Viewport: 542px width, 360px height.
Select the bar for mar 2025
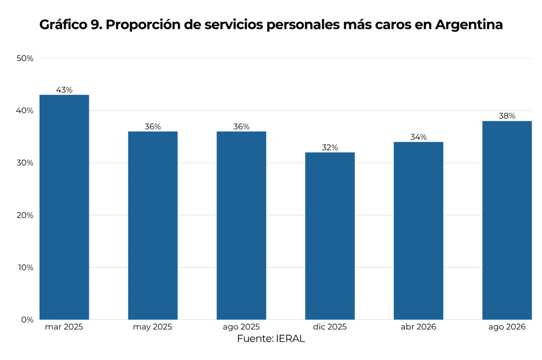click(x=64, y=207)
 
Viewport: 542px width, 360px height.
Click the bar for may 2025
click(x=153, y=226)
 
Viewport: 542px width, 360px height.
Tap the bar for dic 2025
click(x=330, y=236)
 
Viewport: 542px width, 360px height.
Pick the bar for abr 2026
click(x=418, y=231)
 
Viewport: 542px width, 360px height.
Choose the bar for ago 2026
click(x=507, y=220)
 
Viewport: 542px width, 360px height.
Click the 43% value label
click(x=64, y=90)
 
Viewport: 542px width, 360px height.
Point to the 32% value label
click(x=330, y=148)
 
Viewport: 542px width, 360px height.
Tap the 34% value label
click(x=418, y=137)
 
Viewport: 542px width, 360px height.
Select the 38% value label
click(x=507, y=116)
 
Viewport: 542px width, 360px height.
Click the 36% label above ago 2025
click(x=241, y=127)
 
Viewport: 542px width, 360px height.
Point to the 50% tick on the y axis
click(x=25, y=58)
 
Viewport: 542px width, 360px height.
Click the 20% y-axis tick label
click(x=25, y=215)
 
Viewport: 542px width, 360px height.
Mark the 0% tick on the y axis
click(x=28, y=320)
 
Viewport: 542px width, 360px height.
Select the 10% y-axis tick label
click(x=25, y=268)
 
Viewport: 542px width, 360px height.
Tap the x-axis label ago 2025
click(x=241, y=327)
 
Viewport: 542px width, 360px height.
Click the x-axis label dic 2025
click(x=330, y=327)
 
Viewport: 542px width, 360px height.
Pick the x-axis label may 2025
click(x=152, y=327)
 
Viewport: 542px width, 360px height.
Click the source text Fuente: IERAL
click(x=271, y=339)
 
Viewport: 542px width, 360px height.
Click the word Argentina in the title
click(x=469, y=25)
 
